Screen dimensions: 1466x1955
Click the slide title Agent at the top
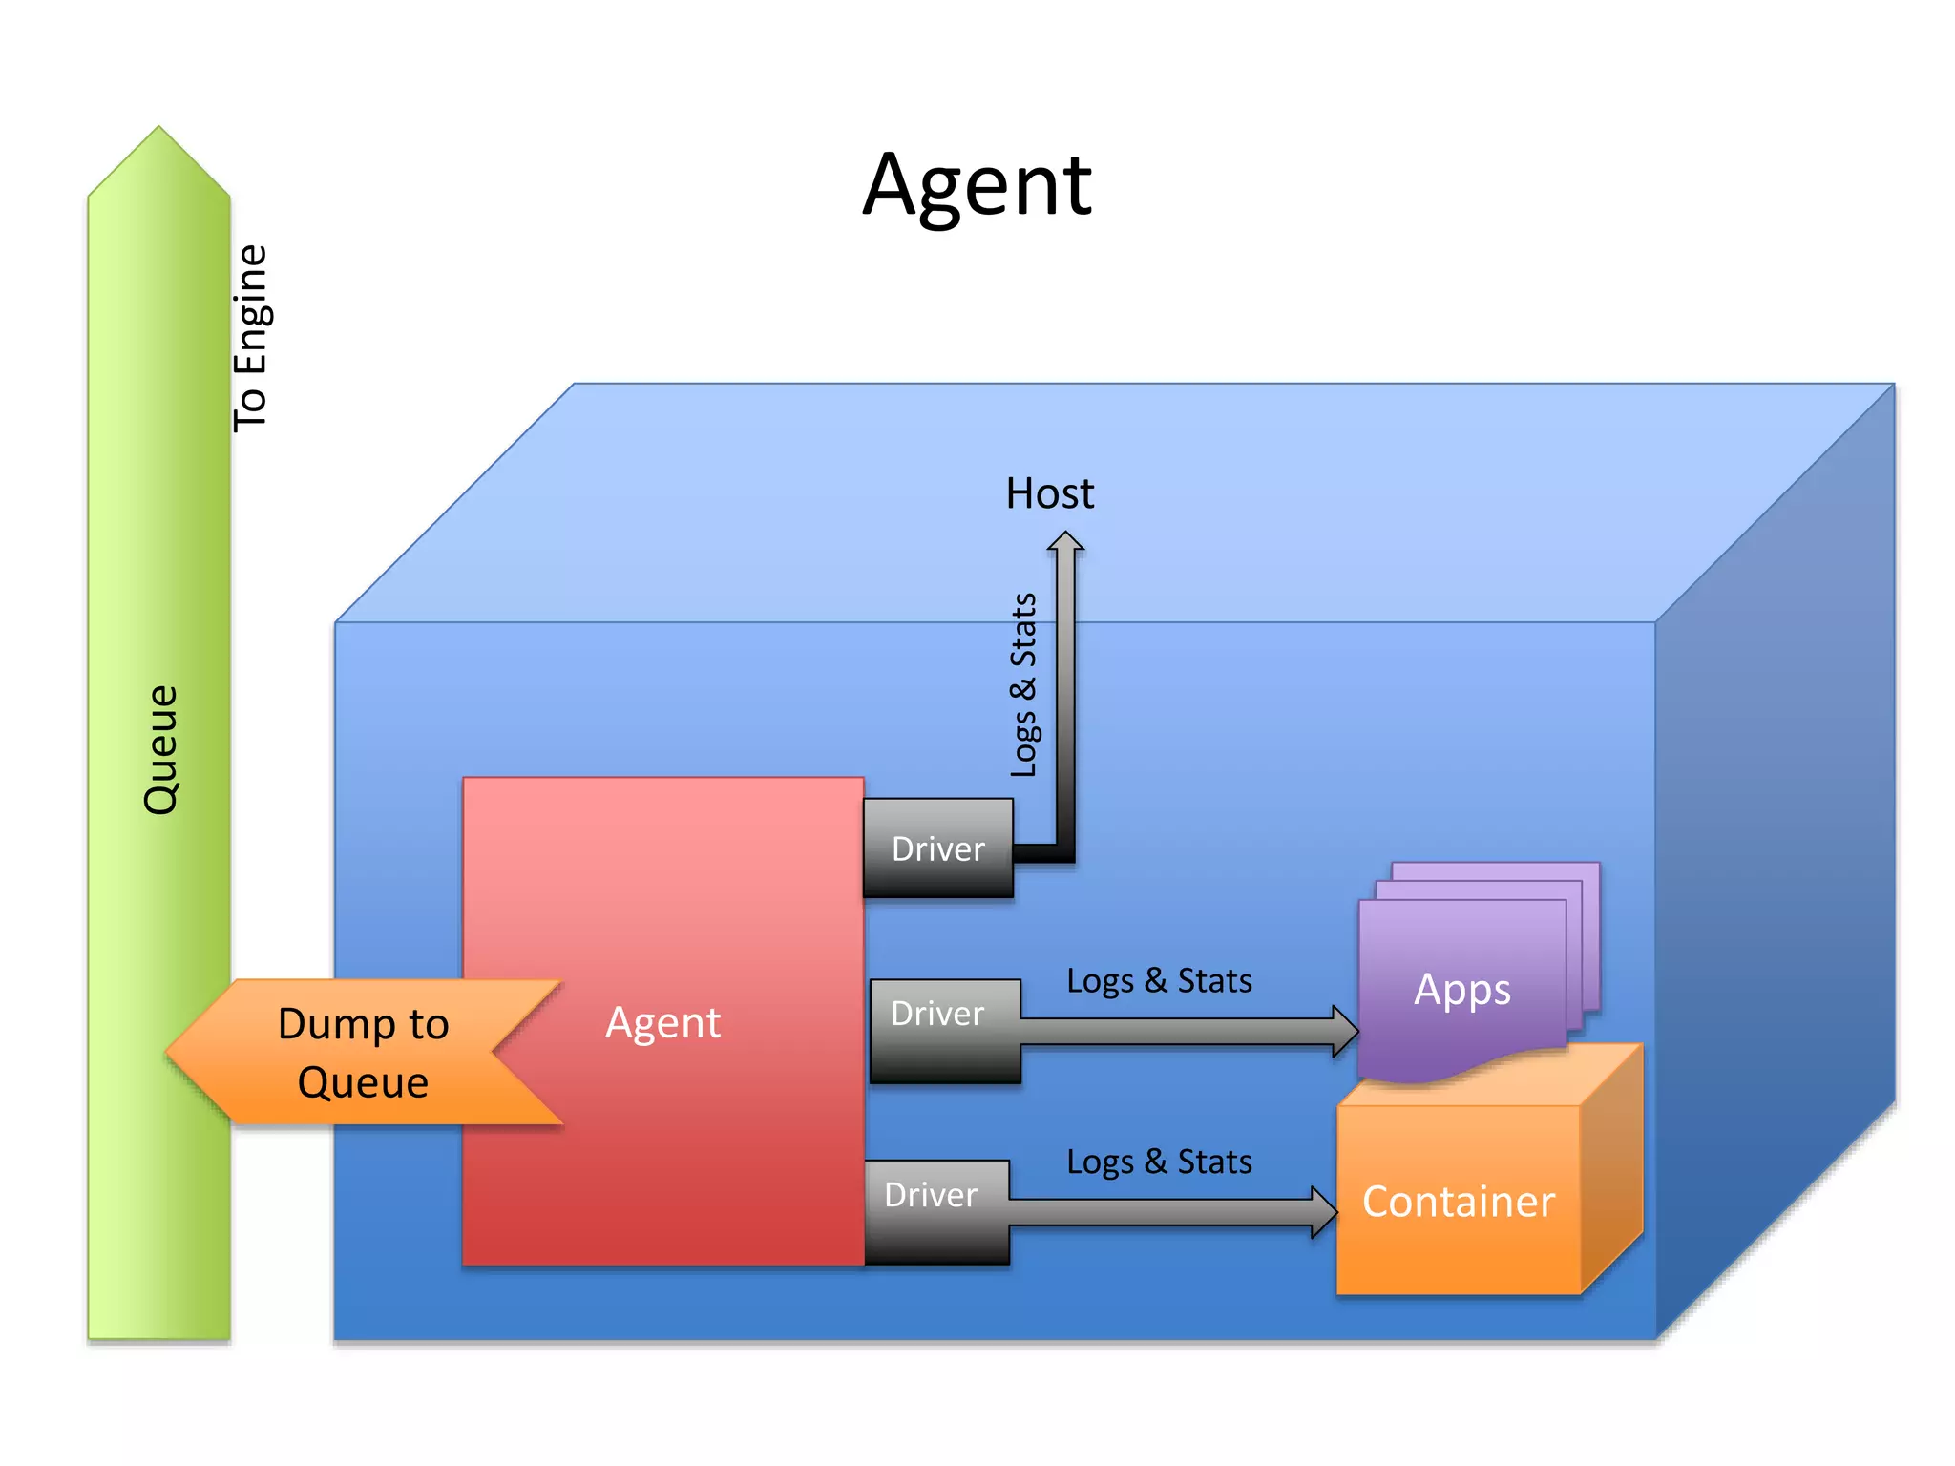977,186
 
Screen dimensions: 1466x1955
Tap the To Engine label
252,338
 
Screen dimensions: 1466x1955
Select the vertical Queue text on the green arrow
160,749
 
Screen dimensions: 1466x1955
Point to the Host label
1049,493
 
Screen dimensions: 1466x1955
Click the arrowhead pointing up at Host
1065,542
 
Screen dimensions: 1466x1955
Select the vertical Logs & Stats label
1023,684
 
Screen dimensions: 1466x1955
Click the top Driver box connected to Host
937,848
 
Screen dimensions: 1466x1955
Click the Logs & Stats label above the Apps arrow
1159,980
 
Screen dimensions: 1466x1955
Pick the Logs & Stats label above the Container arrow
1159,1162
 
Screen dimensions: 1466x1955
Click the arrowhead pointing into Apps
1346,1031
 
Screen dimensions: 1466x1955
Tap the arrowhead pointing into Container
1324,1212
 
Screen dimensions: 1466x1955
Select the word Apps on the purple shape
1461,989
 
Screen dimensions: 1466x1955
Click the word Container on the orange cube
1458,1202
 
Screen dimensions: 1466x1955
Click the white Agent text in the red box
662,1023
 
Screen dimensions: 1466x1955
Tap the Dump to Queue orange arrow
363,1053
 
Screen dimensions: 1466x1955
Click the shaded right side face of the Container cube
1611,1169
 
